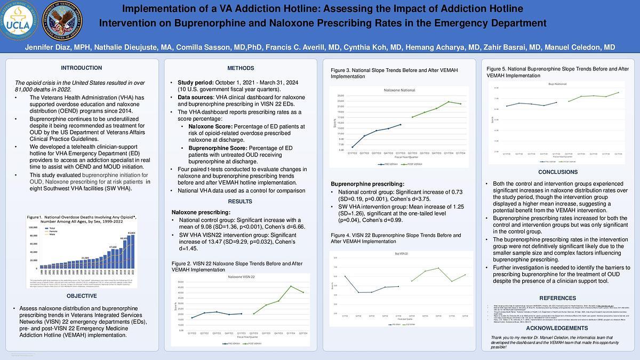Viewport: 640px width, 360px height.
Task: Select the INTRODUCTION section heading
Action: click(81, 68)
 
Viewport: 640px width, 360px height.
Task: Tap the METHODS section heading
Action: click(241, 68)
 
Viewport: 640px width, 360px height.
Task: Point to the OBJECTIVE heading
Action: click(82, 296)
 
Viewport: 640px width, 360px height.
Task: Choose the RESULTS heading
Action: click(240, 202)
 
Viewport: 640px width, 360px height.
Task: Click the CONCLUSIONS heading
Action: click(557, 172)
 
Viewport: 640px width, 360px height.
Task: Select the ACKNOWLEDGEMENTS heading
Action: click(557, 328)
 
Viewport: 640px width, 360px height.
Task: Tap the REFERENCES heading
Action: click(557, 298)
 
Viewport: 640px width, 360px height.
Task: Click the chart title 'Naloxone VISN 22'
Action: click(241, 277)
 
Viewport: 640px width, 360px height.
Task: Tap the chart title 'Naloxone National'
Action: click(399, 91)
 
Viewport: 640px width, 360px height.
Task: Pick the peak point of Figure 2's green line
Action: click(291, 286)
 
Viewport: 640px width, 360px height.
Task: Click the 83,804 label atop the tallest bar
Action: click(131, 233)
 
